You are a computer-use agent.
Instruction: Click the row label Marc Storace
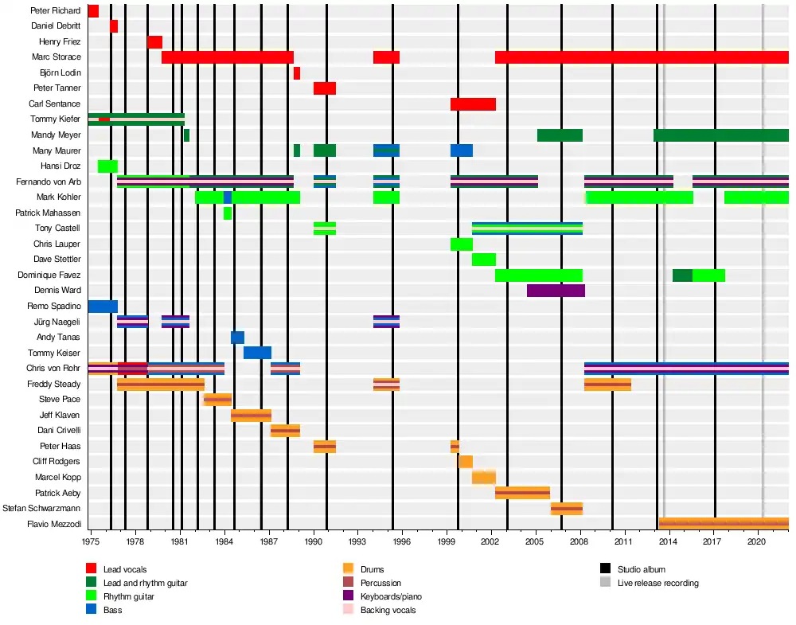(x=56, y=57)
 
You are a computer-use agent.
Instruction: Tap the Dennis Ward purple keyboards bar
(x=556, y=291)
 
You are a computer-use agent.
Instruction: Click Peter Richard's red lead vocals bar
(x=93, y=11)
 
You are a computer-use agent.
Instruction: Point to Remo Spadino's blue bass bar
(x=103, y=307)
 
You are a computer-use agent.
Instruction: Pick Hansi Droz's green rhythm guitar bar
(x=107, y=166)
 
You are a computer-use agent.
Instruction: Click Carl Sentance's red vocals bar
(x=473, y=104)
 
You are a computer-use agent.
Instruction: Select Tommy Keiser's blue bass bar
(x=257, y=353)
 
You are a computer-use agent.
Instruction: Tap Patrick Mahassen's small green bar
(x=228, y=213)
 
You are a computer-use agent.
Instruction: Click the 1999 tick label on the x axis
(x=447, y=541)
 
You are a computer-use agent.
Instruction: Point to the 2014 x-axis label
(x=669, y=541)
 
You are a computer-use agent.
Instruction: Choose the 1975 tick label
(x=91, y=541)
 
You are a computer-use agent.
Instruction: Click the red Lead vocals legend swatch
(x=92, y=568)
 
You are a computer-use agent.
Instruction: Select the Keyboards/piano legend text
(x=391, y=596)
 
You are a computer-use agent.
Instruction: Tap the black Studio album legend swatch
(x=606, y=568)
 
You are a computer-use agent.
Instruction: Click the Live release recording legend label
(x=657, y=583)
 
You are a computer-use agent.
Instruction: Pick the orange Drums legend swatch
(x=348, y=568)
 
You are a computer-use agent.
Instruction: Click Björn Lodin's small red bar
(x=297, y=73)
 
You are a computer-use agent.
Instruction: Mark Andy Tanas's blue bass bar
(x=237, y=338)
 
